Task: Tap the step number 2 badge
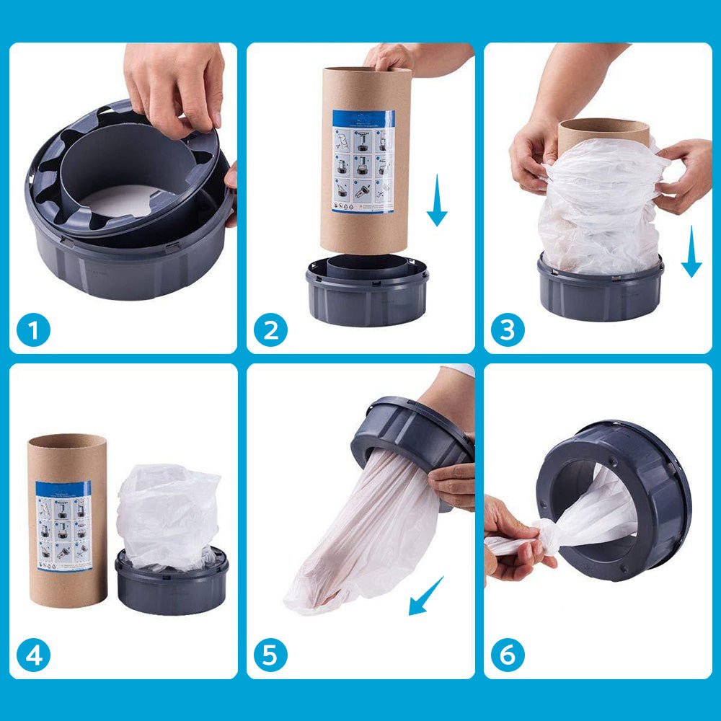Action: [270, 331]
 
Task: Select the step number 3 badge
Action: [508, 331]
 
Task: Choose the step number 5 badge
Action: [270, 655]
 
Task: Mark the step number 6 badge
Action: [508, 655]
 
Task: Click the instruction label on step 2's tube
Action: [363, 161]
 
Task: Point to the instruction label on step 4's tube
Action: [64, 526]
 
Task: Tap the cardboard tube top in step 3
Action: [603, 131]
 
